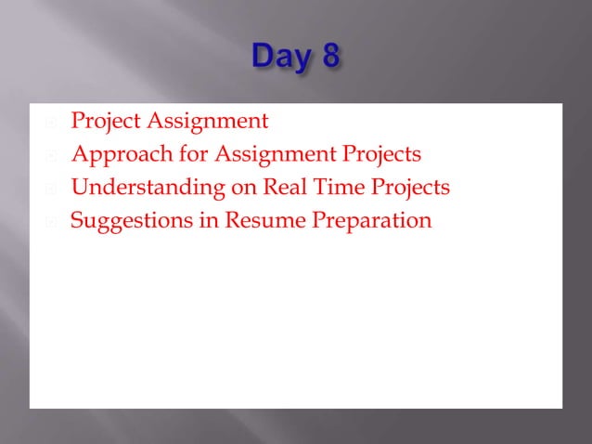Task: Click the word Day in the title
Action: [x=281, y=58]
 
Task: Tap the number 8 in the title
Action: [x=329, y=58]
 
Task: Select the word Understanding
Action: [x=148, y=188]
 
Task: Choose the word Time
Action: [x=339, y=188]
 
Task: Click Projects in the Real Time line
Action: [x=410, y=188]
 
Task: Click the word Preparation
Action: [x=367, y=221]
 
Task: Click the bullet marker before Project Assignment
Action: [x=52, y=122]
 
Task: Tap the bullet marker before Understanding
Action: [x=52, y=189]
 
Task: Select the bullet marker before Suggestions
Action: [x=52, y=222]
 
